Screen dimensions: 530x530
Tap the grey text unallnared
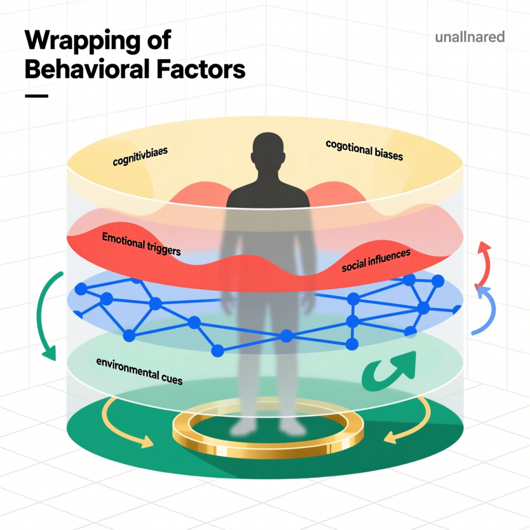tap(470, 37)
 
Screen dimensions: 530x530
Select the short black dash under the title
tap(36, 96)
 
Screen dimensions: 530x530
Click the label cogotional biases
tap(364, 149)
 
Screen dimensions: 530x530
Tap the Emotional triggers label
tap(141, 244)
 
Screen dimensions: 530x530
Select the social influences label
tap(376, 260)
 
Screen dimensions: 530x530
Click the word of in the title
tap(156, 41)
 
